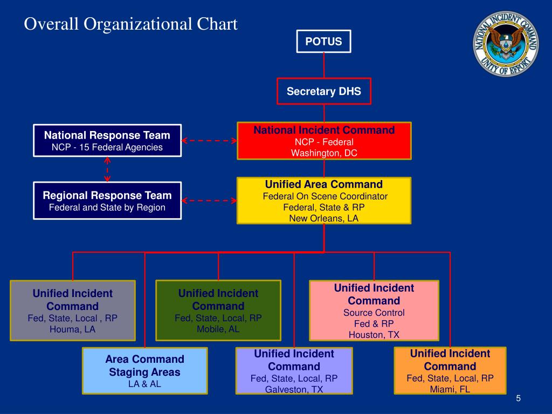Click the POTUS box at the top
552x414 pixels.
pyautogui.click(x=323, y=42)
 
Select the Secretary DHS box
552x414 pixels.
pyautogui.click(x=323, y=91)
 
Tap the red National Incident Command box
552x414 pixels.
pyautogui.click(x=324, y=141)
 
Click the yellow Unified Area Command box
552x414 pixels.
pyautogui.click(x=324, y=201)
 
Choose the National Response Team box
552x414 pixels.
pyautogui.click(x=107, y=141)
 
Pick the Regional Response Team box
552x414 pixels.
pyautogui.click(x=107, y=201)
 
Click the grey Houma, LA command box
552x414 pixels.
pyautogui.click(x=73, y=310)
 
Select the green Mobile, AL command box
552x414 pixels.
pyautogui.click(x=218, y=310)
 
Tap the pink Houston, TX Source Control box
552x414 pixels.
pyautogui.click(x=374, y=310)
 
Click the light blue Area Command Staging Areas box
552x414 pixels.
pyautogui.click(x=145, y=371)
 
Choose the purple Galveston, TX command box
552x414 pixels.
pyautogui.click(x=294, y=371)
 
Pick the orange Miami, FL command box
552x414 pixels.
pyautogui.click(x=450, y=371)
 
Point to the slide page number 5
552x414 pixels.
pyautogui.click(x=518, y=398)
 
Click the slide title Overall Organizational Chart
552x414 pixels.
pyautogui.click(x=131, y=24)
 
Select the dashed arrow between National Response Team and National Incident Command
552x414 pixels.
pyautogui.click(x=209, y=141)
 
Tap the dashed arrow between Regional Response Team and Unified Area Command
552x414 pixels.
pyautogui.click(x=209, y=201)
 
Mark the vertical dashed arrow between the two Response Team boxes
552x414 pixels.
pyautogui.click(x=107, y=169)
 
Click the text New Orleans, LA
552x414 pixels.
pyautogui.click(x=323, y=218)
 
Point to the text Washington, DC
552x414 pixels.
pyautogui.click(x=324, y=153)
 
